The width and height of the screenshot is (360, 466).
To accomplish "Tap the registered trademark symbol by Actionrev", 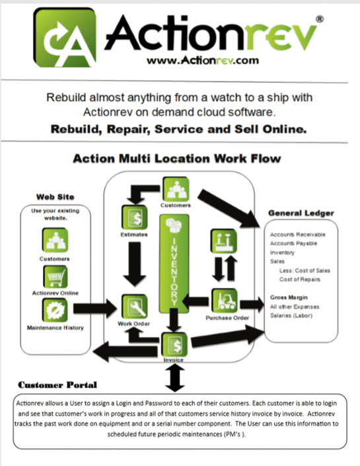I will (x=320, y=20).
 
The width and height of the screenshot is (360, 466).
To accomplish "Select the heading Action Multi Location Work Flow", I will (x=176, y=159).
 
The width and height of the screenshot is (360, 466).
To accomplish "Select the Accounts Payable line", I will (x=294, y=243).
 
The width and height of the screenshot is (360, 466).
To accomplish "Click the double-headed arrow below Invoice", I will (x=174, y=377).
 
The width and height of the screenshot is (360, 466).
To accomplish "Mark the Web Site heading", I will (x=54, y=196).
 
